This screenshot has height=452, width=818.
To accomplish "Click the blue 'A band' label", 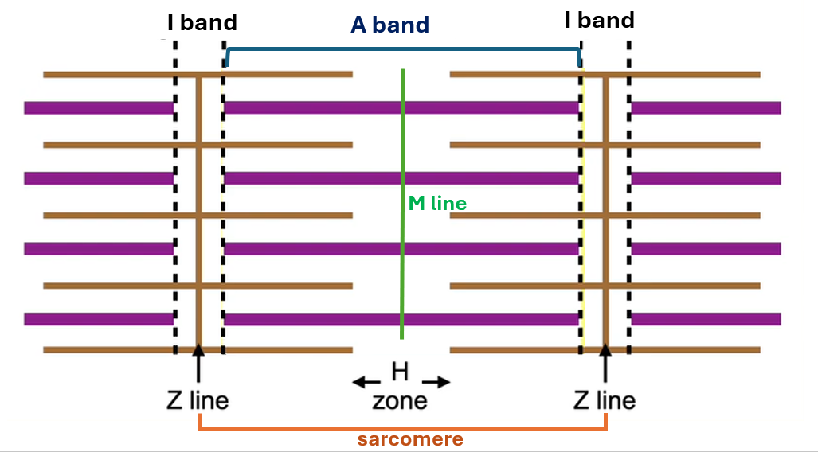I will pyautogui.click(x=390, y=25).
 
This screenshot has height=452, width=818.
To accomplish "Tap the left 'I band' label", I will pyautogui.click(x=202, y=21).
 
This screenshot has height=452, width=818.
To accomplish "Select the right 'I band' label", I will pyautogui.click(x=599, y=20).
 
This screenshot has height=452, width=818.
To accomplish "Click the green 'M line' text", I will pyautogui.click(x=437, y=204).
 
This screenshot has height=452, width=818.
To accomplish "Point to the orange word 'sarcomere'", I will pyautogui.click(x=410, y=439).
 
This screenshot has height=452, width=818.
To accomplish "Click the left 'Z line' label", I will pyautogui.click(x=198, y=399).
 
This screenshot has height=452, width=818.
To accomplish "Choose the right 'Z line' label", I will pyautogui.click(x=605, y=399).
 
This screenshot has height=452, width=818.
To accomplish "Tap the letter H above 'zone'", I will pyautogui.click(x=400, y=370).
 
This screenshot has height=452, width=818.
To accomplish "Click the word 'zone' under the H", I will pyautogui.click(x=400, y=399).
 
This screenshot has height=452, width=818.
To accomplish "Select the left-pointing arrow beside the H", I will pyautogui.click(x=366, y=382).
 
